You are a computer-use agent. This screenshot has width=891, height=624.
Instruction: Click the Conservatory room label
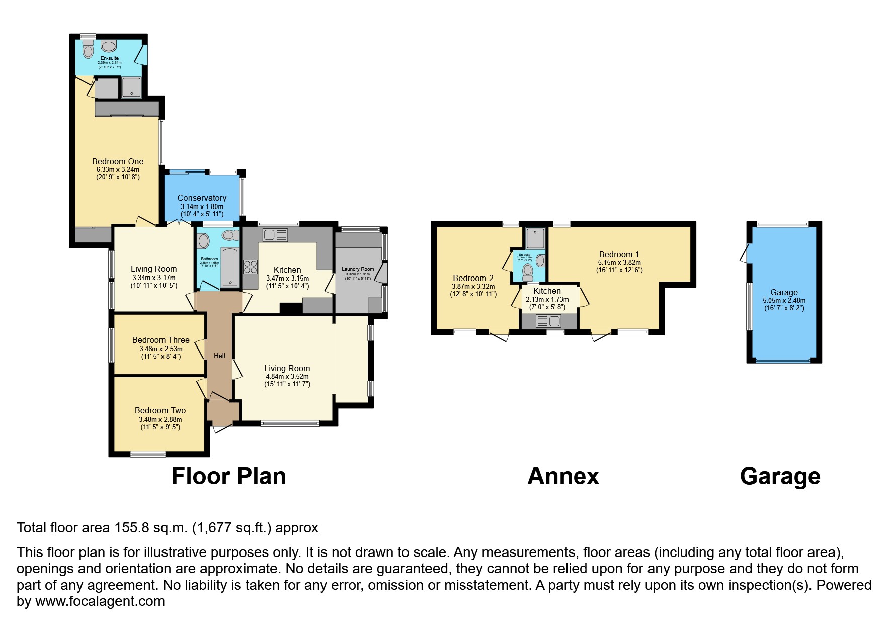(202, 198)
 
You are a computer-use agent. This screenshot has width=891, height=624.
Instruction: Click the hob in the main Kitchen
(250, 267)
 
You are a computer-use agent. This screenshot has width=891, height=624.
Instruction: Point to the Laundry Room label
(358, 269)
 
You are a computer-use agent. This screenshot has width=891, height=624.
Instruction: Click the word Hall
(219, 356)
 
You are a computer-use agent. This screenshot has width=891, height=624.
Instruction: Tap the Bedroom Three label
(160, 340)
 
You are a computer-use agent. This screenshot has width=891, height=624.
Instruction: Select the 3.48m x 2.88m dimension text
(160, 419)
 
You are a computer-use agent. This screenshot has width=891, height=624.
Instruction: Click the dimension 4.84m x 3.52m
(287, 376)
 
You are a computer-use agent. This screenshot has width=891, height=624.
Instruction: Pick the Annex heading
(563, 476)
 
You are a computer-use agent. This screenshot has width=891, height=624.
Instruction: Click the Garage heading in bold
(780, 476)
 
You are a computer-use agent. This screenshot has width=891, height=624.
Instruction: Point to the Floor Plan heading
(228, 476)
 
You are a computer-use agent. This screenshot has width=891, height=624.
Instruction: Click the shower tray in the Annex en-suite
(535, 238)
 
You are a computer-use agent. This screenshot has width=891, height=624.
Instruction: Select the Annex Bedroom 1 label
(619, 254)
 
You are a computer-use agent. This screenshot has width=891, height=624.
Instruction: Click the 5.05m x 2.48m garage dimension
(784, 300)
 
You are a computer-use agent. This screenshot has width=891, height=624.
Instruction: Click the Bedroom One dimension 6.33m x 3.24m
(118, 170)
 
